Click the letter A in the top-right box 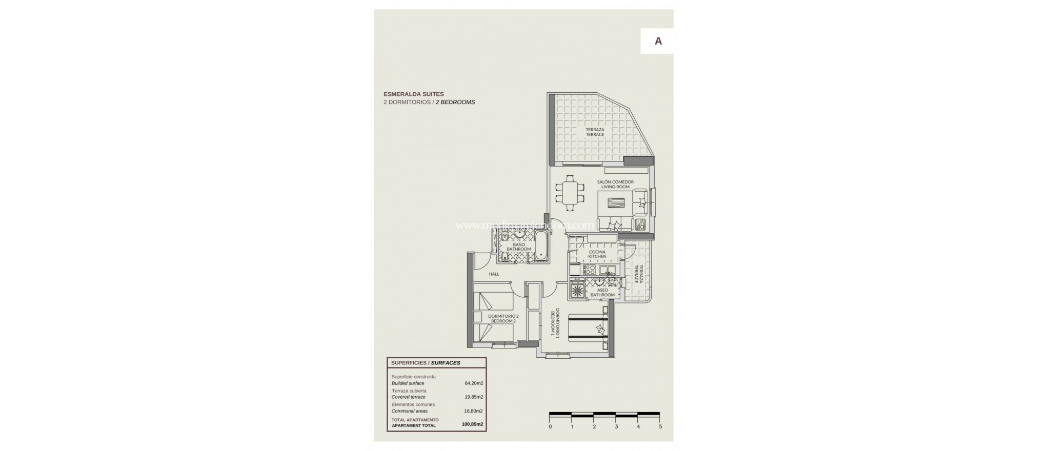tap(658, 42)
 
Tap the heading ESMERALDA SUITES tap(414, 94)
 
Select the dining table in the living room tap(570, 193)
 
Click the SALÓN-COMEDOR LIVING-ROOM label tap(615, 184)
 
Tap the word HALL tap(494, 274)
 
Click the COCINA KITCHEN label tap(597, 254)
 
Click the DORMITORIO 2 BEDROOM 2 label tap(503, 318)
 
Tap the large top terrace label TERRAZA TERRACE tap(595, 132)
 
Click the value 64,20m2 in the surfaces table tap(473, 383)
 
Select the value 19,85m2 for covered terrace tap(473, 397)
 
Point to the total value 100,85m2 tap(473, 424)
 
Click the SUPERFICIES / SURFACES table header tap(426, 363)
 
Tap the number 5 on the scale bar tap(660, 426)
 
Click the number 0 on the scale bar tap(550, 426)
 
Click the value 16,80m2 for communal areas tap(473, 411)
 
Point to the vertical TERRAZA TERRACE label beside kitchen tap(638, 274)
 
